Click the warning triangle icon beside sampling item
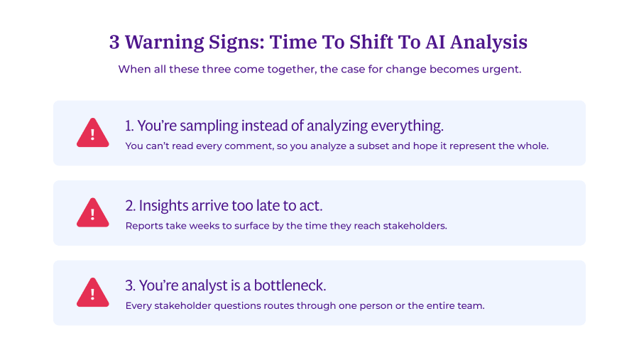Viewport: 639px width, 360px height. click(x=92, y=133)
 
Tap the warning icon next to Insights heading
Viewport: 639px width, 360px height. click(x=92, y=213)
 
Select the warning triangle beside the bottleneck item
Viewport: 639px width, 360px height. click(x=92, y=293)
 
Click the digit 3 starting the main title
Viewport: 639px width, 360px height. click(x=114, y=43)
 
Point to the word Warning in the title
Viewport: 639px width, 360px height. click(x=157, y=43)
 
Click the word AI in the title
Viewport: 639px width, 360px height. click(x=435, y=43)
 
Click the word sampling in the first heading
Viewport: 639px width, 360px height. click(x=209, y=126)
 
